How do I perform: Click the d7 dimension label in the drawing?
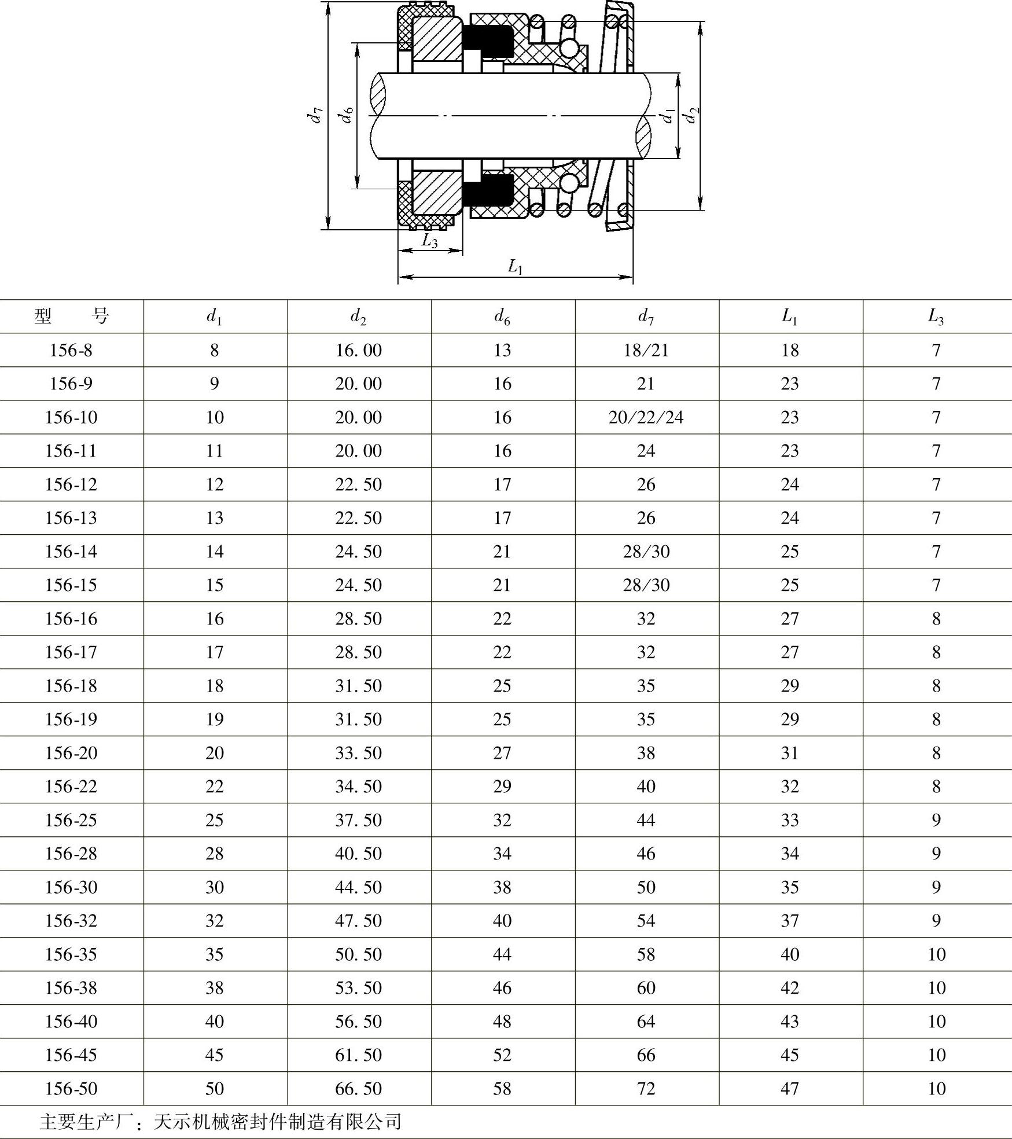(315, 115)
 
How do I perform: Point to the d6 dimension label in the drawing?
(346, 115)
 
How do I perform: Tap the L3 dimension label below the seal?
(429, 241)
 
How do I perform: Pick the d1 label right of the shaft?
(668, 115)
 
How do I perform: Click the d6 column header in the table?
(502, 317)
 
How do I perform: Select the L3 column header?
(936, 317)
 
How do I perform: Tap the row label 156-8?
(71, 350)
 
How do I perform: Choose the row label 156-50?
(71, 1089)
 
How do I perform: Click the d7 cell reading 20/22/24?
(646, 417)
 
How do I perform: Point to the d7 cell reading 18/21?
(646, 350)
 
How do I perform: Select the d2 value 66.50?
(358, 1089)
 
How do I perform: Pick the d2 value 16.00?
(358, 350)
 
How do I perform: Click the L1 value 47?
(790, 1089)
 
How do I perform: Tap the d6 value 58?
(502, 1089)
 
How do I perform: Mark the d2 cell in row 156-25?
(358, 820)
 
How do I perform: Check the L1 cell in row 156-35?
(790, 954)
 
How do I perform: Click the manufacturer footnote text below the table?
(220, 1122)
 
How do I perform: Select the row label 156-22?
(71, 787)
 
